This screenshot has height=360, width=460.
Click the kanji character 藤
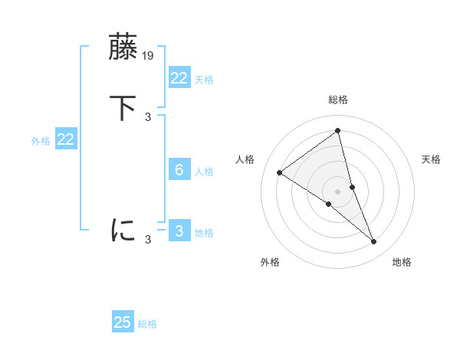coord(123,49)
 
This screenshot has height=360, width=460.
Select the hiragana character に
coord(123,230)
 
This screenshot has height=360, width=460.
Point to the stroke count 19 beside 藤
coord(149,56)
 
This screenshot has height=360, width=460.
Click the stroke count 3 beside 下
coord(148,116)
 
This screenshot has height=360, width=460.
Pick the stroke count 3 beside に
coord(148,240)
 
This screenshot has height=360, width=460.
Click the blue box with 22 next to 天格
coord(179,77)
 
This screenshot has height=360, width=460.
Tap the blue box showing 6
coord(179,170)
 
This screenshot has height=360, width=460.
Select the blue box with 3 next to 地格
coord(179,231)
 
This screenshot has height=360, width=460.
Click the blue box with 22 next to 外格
coord(65,139)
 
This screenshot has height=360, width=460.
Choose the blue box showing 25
coord(123,322)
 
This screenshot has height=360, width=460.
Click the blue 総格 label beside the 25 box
coord(147,324)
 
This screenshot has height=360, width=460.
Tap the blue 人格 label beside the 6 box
coord(205,172)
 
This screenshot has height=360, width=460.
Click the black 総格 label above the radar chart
coord(337,100)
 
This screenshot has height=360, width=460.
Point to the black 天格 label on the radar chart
coord(432,159)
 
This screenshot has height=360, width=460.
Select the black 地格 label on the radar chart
coord(402,262)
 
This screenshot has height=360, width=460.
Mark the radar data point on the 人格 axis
coord(279,172)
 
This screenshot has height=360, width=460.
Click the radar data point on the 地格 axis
coord(374,242)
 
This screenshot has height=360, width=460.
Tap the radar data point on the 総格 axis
coord(337,130)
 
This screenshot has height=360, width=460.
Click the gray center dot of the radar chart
coord(337,191)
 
